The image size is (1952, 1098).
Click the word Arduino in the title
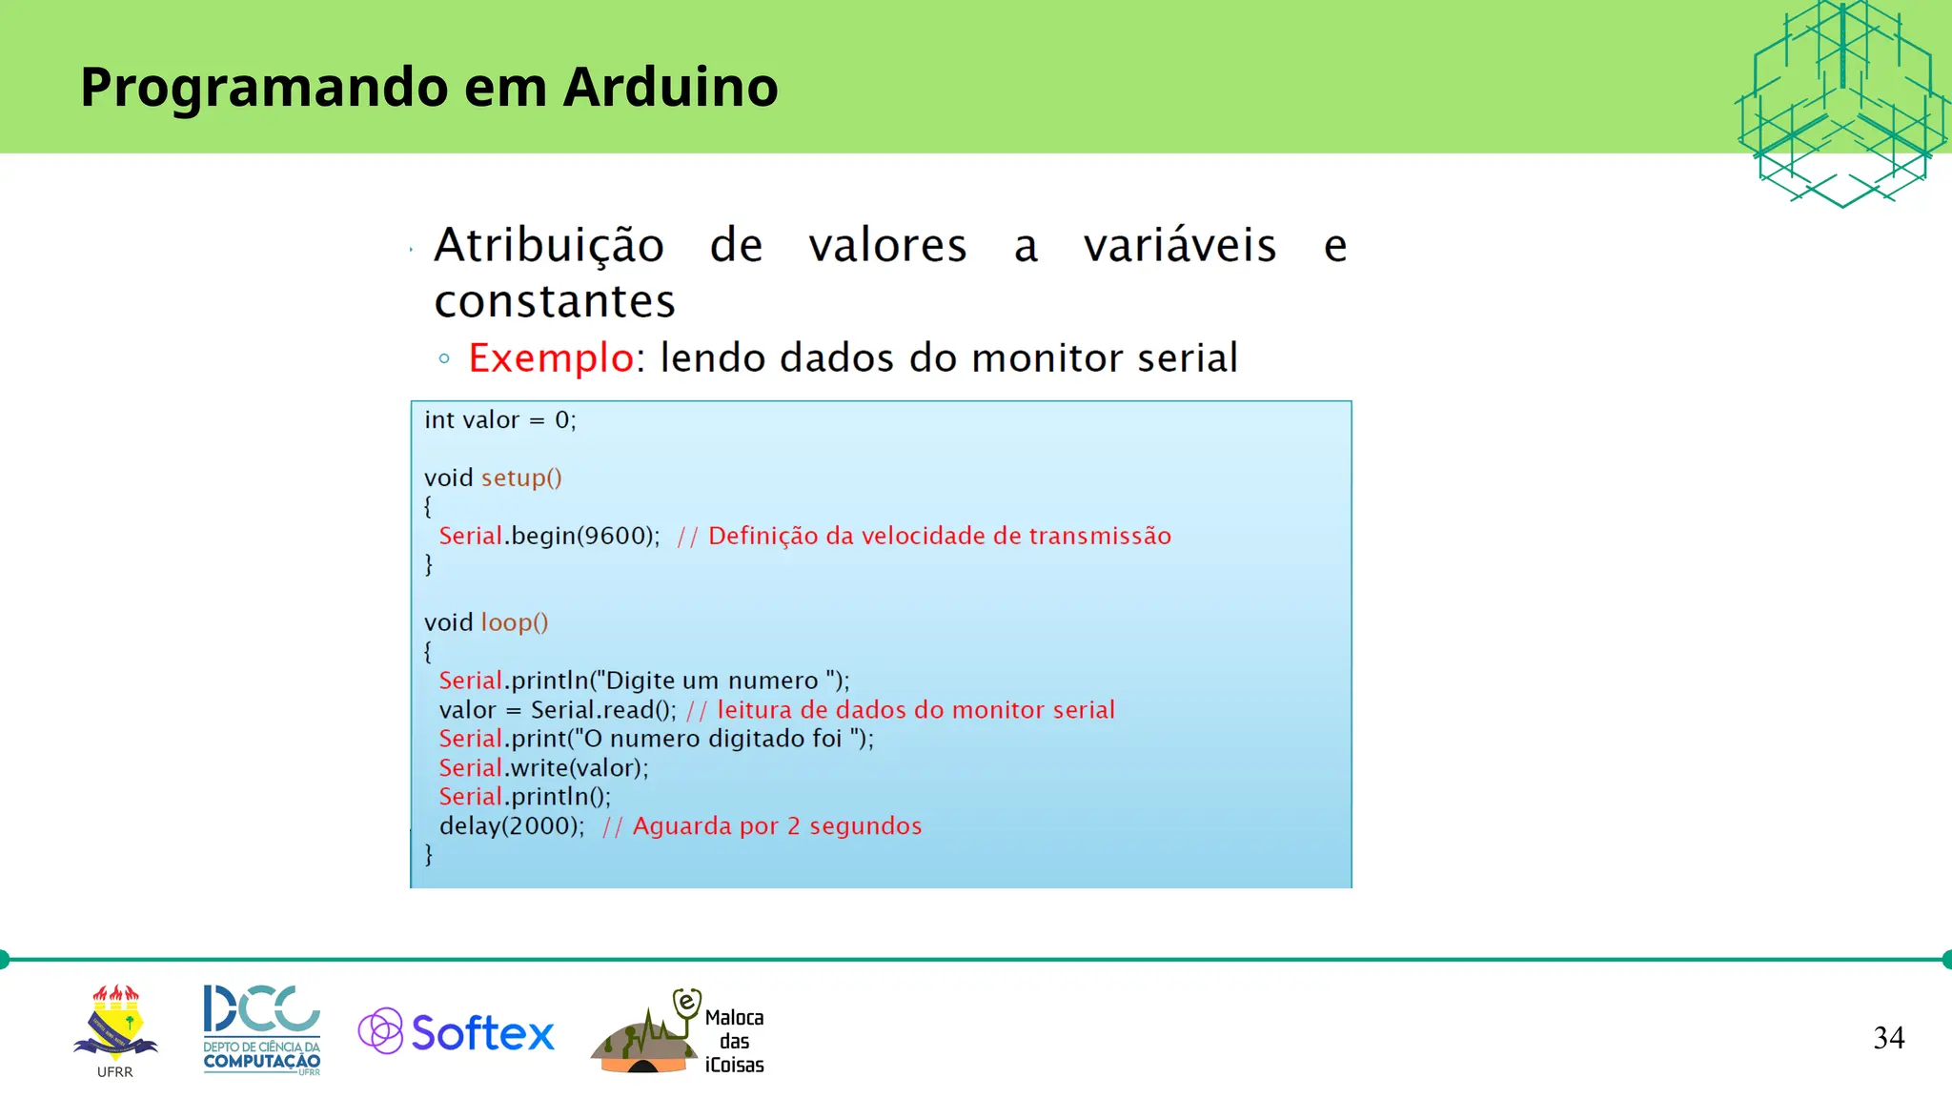click(x=670, y=87)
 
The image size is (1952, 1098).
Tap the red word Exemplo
click(x=551, y=358)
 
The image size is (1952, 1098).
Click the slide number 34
click(x=1888, y=1037)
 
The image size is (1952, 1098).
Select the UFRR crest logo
click(x=115, y=1027)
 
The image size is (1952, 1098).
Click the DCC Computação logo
click(x=261, y=1029)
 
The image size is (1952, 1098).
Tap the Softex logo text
click(x=482, y=1033)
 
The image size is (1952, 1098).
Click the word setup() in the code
click(x=521, y=478)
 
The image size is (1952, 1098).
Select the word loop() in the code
click(x=515, y=622)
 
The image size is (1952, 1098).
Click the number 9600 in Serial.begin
click(x=617, y=536)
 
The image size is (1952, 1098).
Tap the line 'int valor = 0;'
click(x=500, y=420)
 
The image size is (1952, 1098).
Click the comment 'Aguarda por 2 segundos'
click(x=777, y=826)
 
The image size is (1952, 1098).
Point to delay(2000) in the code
click(x=511, y=826)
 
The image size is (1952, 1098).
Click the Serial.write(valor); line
click(x=543, y=768)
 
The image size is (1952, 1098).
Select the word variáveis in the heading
click(x=1179, y=246)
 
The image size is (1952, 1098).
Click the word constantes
click(x=555, y=302)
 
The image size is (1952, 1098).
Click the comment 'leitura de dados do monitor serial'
click(x=915, y=710)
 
